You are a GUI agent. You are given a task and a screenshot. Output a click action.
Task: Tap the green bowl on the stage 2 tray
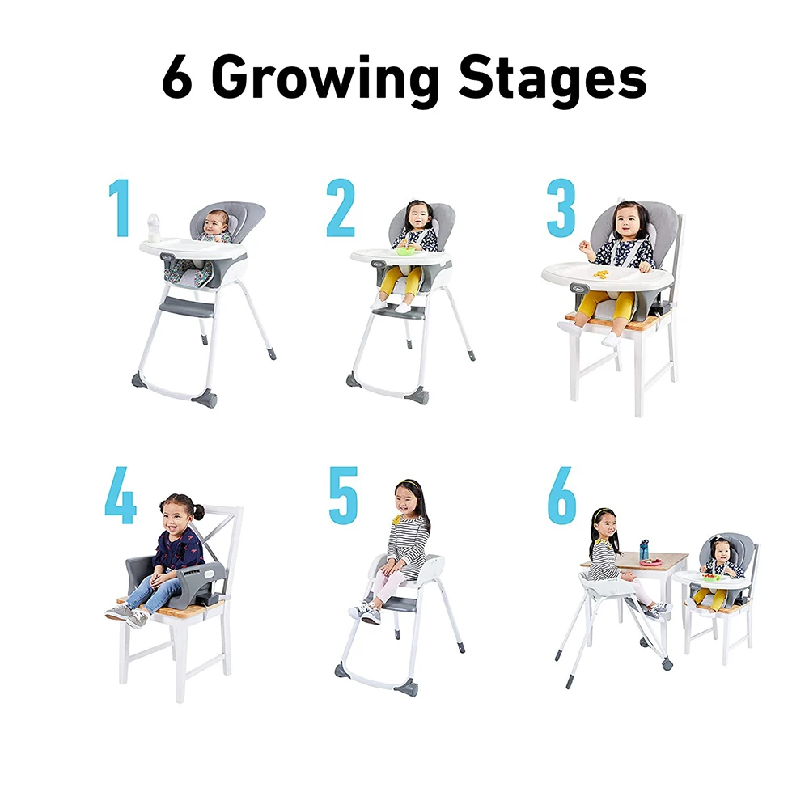tap(404, 251)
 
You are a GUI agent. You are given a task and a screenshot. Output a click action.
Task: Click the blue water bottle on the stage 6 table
tap(644, 549)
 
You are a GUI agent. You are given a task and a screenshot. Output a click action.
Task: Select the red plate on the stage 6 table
tap(651, 561)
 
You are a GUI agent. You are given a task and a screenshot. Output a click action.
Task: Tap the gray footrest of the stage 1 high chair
tap(188, 307)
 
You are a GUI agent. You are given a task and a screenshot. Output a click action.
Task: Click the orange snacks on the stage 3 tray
tap(600, 273)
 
